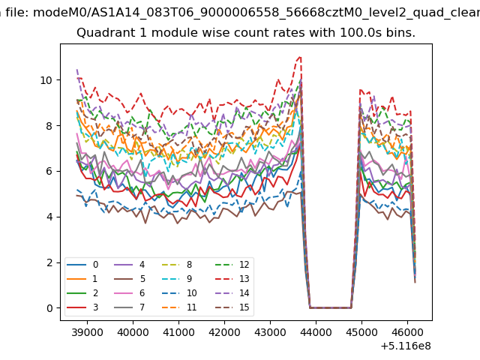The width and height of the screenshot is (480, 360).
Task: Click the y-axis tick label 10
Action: [x=46, y=80]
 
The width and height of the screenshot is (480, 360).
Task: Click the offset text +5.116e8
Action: [x=406, y=346]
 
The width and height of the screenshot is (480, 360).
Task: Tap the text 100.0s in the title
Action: [x=345, y=34]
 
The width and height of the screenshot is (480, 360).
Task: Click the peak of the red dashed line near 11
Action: [x=300, y=56]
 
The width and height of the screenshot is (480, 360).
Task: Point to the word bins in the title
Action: [x=400, y=34]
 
